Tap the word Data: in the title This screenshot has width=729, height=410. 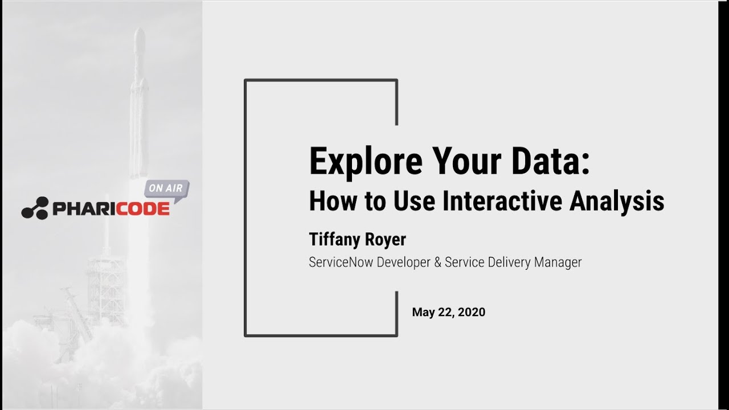point(550,161)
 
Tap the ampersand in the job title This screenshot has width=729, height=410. point(438,263)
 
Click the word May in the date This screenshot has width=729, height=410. point(423,312)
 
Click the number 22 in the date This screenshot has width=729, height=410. point(447,312)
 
